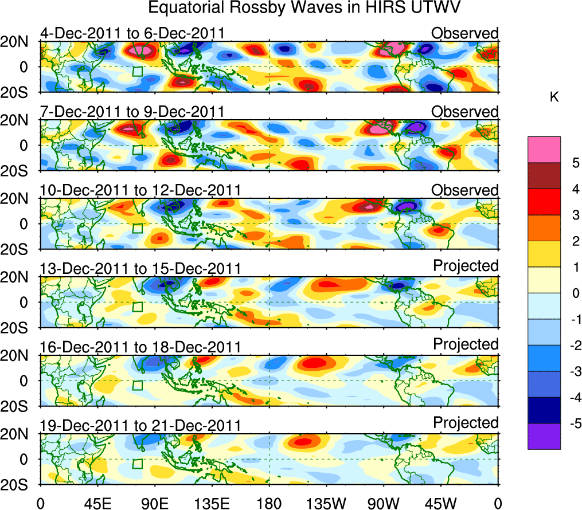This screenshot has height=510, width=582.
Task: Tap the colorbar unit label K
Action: click(x=554, y=98)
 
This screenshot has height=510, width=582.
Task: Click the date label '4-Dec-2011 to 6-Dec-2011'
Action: click(x=132, y=33)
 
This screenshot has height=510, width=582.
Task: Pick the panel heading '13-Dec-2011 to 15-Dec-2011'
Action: click(x=140, y=268)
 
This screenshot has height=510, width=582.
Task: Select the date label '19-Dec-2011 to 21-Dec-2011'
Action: click(x=140, y=425)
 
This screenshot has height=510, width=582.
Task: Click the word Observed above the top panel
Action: click(x=464, y=33)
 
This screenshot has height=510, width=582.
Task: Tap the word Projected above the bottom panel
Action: click(x=466, y=422)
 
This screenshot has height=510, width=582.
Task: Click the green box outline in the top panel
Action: click(x=137, y=71)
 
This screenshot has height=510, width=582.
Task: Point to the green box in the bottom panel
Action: click(x=137, y=464)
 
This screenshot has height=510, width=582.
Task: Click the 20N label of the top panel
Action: click(x=18, y=42)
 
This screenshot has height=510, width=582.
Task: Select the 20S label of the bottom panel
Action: click(x=18, y=485)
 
